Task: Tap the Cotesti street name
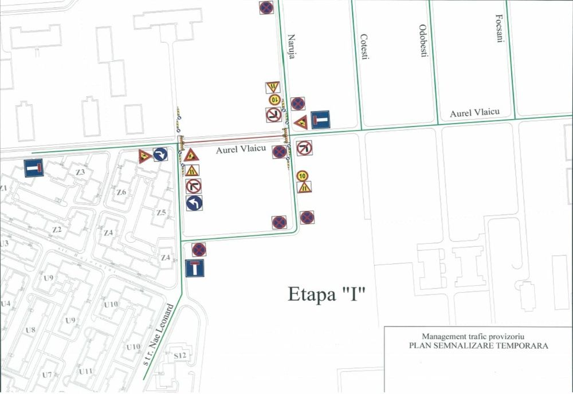pyautogui.click(x=364, y=47)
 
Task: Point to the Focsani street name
pyautogui.click(x=497, y=31)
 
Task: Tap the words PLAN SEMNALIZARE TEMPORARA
pyautogui.click(x=478, y=346)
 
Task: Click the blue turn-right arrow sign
pyautogui.click(x=160, y=155)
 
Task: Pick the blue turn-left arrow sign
pyautogui.click(x=194, y=203)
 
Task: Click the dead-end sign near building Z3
pyautogui.click(x=33, y=168)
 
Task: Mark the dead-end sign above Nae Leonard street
pyautogui.click(x=195, y=268)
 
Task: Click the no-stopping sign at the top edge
pyautogui.click(x=266, y=7)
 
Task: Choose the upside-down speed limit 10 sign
pyautogui.click(x=274, y=100)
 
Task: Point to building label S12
pyautogui.click(x=180, y=356)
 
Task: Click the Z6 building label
pyautogui.click(x=121, y=192)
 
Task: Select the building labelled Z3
pyautogui.click(x=80, y=172)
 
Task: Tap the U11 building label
pyautogui.click(x=86, y=372)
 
